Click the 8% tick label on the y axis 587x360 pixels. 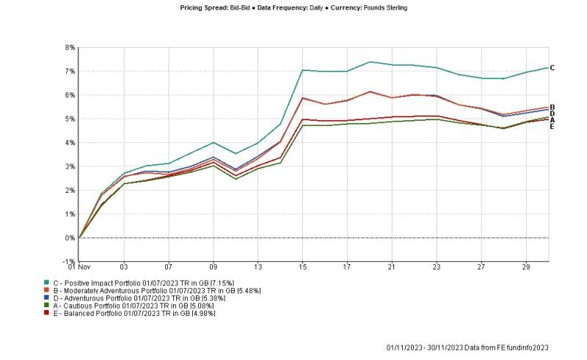coord(70,48)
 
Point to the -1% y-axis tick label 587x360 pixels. coord(70,262)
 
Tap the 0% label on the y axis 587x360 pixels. coord(70,238)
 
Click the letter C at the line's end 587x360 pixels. coord(552,68)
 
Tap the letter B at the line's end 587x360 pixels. coord(552,107)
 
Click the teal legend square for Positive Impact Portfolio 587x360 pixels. coord(47,282)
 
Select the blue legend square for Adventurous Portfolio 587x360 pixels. coord(47,298)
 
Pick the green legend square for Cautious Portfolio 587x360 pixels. coord(47,306)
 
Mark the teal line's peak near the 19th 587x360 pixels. coord(370,62)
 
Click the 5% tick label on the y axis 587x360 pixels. coord(70,119)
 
